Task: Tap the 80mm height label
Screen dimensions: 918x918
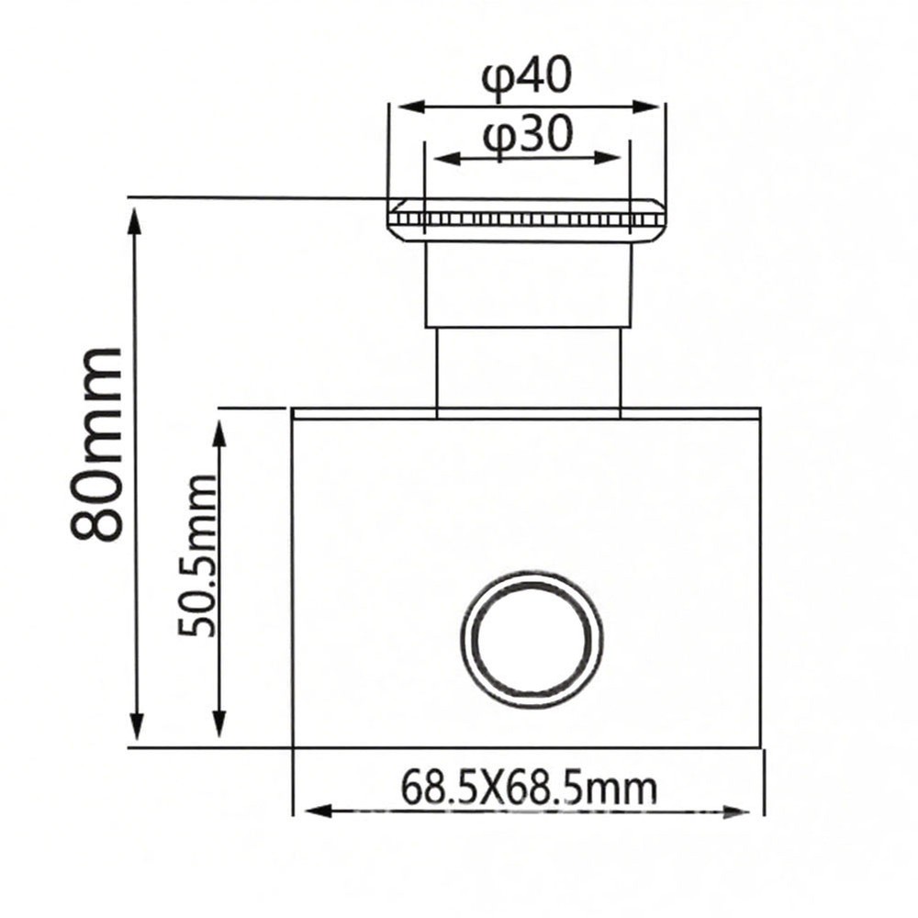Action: (97, 444)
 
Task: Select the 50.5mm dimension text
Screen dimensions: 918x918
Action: (198, 556)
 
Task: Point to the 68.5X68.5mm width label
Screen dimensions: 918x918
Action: (529, 787)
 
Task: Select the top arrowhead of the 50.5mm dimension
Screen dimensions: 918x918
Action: (218, 430)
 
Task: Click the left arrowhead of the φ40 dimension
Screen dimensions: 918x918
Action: (404, 106)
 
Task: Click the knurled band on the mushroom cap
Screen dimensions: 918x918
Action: (527, 219)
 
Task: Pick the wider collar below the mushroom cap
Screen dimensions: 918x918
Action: (528, 285)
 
